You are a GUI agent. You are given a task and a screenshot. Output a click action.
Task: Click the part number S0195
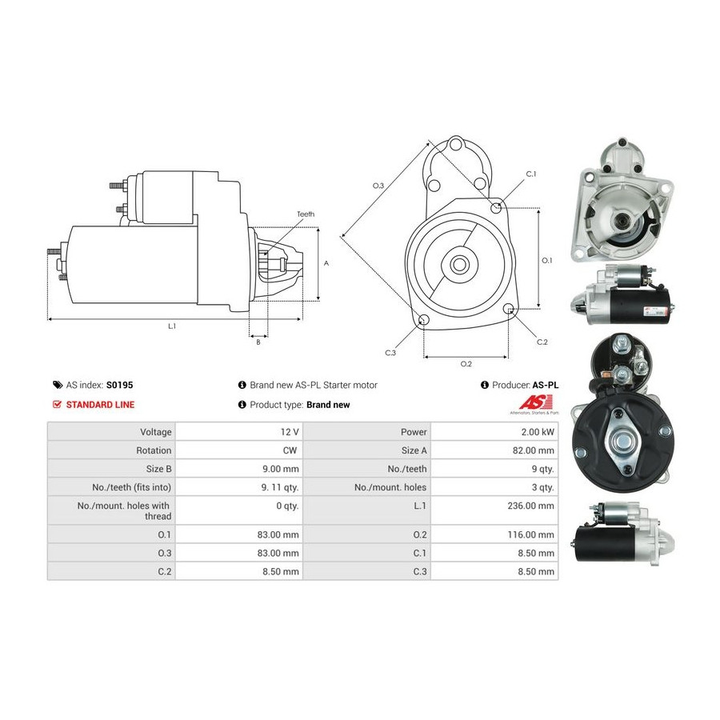tap(119, 385)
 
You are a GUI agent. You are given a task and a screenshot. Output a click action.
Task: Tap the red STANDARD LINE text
tap(100, 405)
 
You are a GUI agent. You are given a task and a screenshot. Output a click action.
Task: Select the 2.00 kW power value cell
tap(538, 432)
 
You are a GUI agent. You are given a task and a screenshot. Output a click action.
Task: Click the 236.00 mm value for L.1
tap(531, 506)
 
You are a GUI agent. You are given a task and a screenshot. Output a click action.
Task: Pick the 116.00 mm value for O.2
tap(531, 534)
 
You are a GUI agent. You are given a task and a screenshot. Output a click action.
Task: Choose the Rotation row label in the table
tap(154, 450)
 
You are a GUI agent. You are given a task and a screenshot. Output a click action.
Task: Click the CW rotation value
tap(290, 450)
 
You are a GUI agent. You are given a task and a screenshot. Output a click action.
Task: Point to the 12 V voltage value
tap(290, 432)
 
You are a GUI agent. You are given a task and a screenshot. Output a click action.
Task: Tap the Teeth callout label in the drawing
tap(306, 214)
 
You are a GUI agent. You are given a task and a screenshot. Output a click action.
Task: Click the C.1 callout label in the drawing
tap(531, 174)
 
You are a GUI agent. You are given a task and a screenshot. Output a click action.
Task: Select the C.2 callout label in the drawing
tap(542, 342)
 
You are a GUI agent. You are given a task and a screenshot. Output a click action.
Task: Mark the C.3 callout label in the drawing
tap(390, 353)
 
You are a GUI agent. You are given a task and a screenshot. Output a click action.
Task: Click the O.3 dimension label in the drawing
tap(378, 186)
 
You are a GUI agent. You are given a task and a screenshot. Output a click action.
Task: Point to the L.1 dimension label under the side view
tap(172, 326)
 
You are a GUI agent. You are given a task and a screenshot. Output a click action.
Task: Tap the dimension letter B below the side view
tap(258, 342)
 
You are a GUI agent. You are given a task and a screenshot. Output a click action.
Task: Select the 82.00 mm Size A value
tap(534, 450)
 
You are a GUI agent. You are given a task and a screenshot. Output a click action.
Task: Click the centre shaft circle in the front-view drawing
tap(458, 264)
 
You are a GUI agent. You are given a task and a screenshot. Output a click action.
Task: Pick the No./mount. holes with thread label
tap(124, 510)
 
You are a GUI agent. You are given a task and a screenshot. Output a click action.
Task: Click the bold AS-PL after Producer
tap(546, 385)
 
